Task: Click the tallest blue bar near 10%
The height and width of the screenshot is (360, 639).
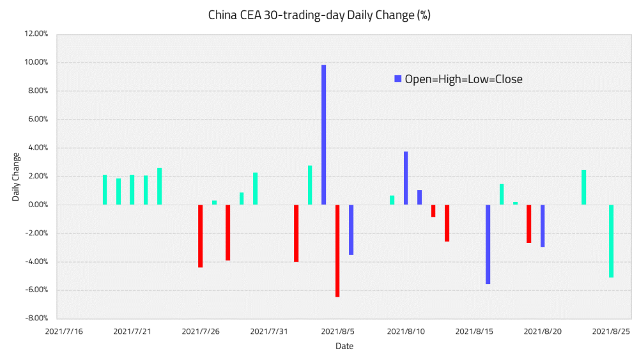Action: click(x=324, y=134)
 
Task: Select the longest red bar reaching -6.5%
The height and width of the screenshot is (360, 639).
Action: click(x=337, y=251)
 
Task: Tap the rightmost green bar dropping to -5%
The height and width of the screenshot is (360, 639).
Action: click(x=612, y=241)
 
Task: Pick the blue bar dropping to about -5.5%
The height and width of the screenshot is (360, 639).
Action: click(x=488, y=244)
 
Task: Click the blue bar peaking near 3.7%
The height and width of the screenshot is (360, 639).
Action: click(x=406, y=178)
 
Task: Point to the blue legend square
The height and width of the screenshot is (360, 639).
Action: click(x=398, y=79)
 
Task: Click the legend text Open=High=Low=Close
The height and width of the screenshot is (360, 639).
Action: click(x=463, y=79)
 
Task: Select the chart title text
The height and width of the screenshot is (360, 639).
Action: click(x=319, y=15)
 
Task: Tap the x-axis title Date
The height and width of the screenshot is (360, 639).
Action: click(x=344, y=347)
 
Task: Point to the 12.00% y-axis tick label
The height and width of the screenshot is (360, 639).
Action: click(x=36, y=34)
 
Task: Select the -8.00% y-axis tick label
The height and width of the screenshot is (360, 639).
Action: click(x=36, y=318)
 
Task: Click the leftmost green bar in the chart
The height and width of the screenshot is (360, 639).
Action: click(x=105, y=190)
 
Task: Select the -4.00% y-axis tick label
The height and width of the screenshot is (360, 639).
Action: click(x=36, y=262)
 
